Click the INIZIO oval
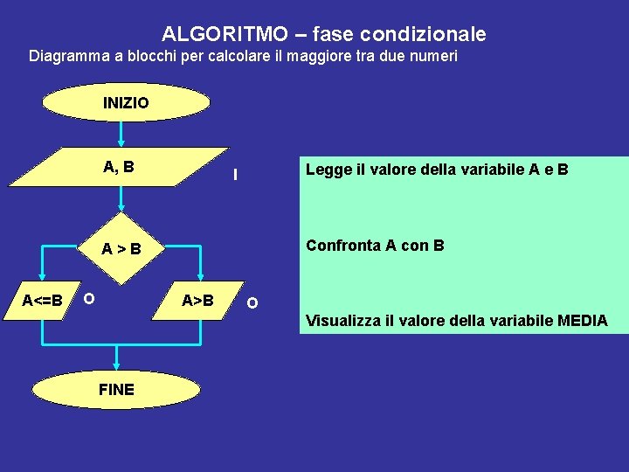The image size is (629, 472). [127, 103]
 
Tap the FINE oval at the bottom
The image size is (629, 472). [117, 390]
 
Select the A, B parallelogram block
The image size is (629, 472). [119, 169]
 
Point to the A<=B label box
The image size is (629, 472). [42, 302]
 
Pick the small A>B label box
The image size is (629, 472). [197, 302]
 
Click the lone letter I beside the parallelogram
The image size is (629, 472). [235, 175]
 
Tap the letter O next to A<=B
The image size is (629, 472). [88, 299]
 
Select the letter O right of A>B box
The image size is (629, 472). [252, 303]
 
